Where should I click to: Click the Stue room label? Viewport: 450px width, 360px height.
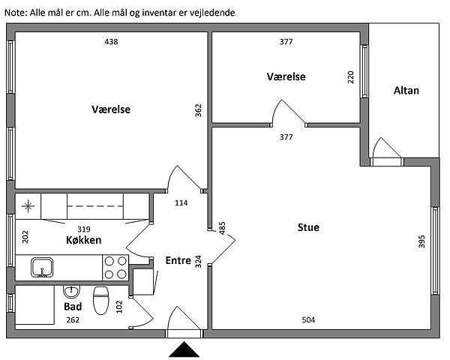[x=308, y=227]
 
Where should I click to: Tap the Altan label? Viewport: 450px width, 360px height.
[x=406, y=91]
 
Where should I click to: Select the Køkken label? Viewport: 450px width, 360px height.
[x=83, y=240]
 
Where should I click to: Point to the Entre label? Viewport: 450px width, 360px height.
[x=178, y=260]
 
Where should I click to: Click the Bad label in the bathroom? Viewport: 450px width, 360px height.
[x=72, y=307]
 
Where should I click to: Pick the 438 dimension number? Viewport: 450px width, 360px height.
[x=111, y=42]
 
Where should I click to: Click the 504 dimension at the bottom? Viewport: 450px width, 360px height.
[x=308, y=320]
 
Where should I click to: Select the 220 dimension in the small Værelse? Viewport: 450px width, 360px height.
[x=350, y=78]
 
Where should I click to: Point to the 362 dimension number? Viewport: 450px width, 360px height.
[x=198, y=111]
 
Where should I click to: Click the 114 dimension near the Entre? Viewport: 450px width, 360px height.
[x=181, y=203]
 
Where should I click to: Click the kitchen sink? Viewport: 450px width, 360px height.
[x=42, y=266]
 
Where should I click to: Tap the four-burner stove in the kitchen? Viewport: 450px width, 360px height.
[x=114, y=267]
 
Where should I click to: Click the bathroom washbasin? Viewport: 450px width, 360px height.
[x=73, y=291]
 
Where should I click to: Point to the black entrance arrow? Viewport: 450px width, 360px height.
[x=184, y=350]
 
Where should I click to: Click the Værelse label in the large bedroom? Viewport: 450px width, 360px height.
[x=111, y=109]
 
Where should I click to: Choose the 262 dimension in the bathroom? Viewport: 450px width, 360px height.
[x=73, y=320]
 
